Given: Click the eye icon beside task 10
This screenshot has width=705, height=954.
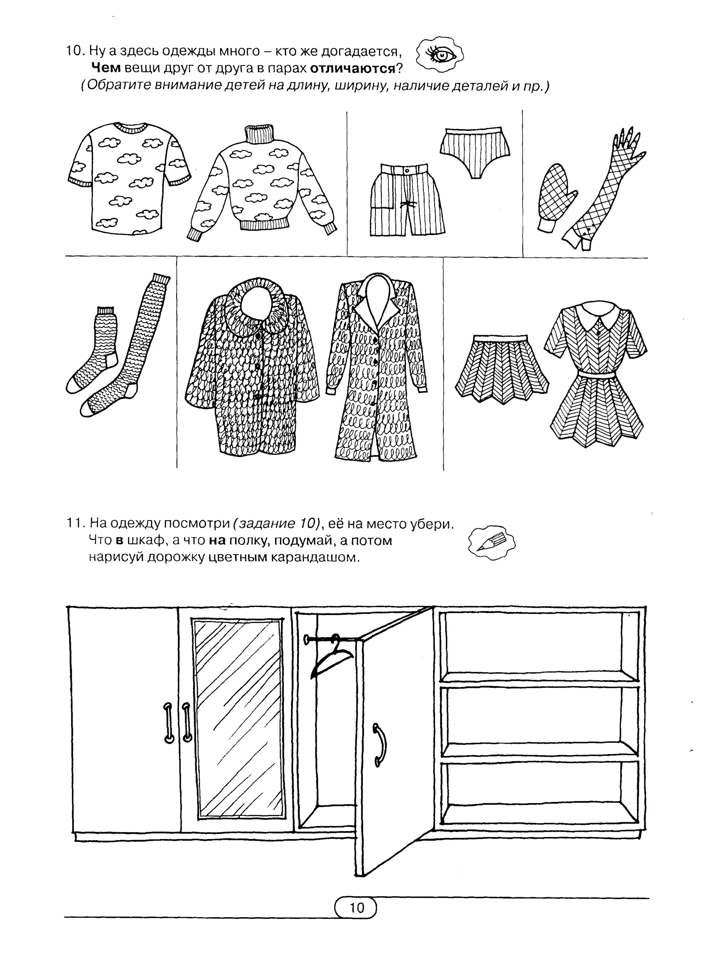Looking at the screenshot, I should click(440, 54).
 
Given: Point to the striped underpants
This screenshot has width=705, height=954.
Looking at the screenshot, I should click(475, 151).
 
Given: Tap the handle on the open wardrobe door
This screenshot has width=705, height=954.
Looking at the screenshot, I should click(379, 744).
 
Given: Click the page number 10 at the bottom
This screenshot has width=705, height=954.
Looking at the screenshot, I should click(356, 907).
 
